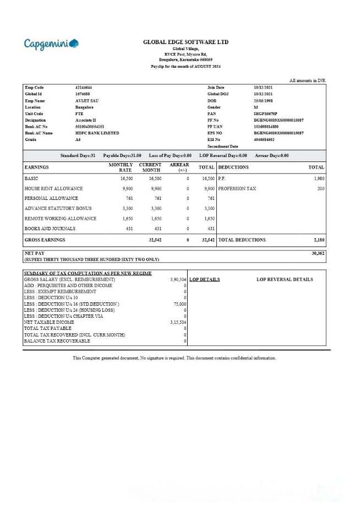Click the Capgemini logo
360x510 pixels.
point(51,44)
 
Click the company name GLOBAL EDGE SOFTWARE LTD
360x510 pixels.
point(186,42)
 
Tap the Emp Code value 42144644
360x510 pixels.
point(84,88)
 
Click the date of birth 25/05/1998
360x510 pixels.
point(264,101)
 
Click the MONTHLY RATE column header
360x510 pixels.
point(121,167)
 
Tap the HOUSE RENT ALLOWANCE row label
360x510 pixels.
point(53,188)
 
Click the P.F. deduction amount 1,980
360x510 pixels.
point(319,178)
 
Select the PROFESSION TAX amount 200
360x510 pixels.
point(320,188)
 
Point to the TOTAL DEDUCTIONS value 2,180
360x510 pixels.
point(319,240)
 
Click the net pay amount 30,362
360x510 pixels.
point(318,253)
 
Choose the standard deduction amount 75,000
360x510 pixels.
point(180,304)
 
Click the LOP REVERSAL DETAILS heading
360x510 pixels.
point(285,279)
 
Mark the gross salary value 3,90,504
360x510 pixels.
point(178,279)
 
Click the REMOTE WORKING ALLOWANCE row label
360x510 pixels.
point(61,219)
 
